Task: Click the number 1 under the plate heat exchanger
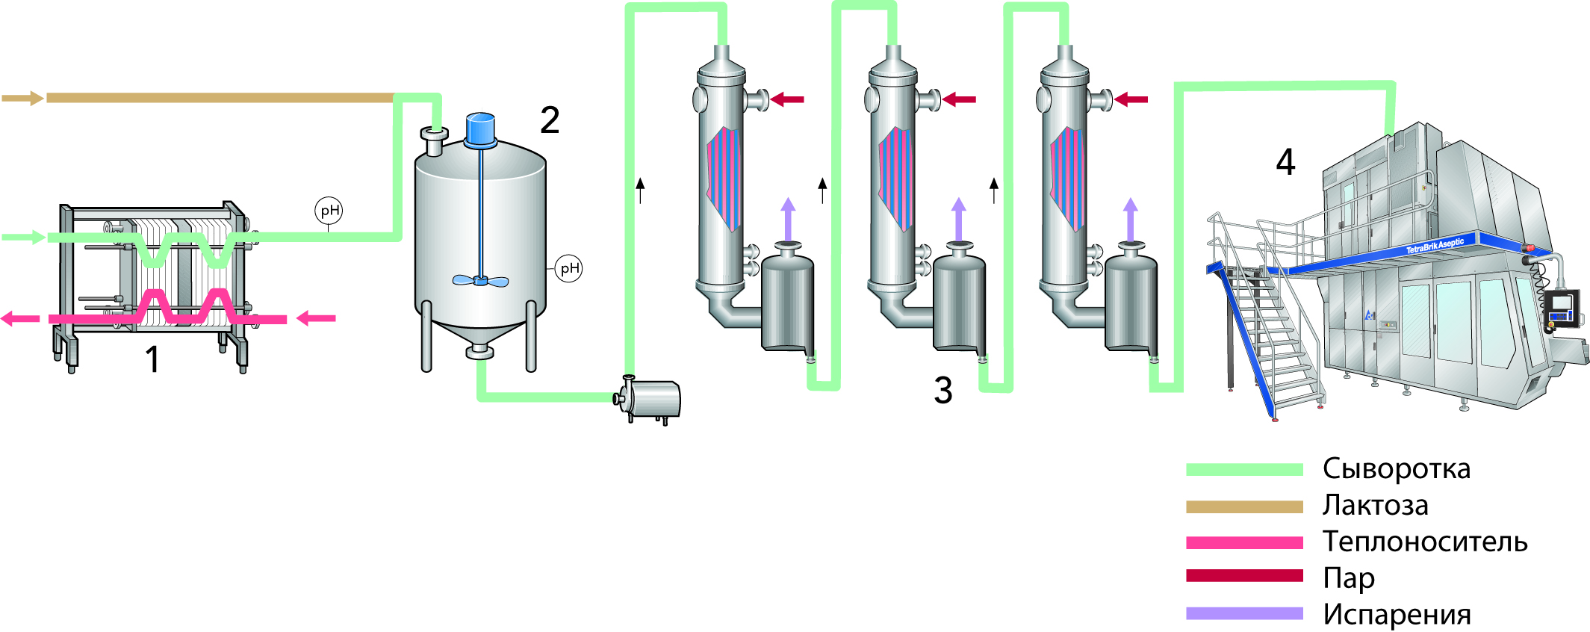coord(152,359)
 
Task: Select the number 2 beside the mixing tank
coord(550,120)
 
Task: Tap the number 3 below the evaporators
coord(943,390)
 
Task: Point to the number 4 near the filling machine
coord(1285,162)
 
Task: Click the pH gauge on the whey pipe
coord(329,211)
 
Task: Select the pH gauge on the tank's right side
coord(569,268)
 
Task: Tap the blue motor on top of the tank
coord(479,128)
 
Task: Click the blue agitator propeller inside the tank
coord(480,281)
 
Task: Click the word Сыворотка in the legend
coord(1396,469)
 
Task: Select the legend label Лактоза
coord(1375,506)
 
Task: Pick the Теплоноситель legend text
coord(1424,542)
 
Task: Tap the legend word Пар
coord(1348,577)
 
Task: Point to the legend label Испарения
coord(1396,615)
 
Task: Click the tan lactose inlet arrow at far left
coord(22,98)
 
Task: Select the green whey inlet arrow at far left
coord(22,238)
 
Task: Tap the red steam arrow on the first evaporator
coord(787,99)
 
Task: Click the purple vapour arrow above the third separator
coord(1131,218)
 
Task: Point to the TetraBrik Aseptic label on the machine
coord(1435,245)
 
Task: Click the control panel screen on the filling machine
coord(1562,306)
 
